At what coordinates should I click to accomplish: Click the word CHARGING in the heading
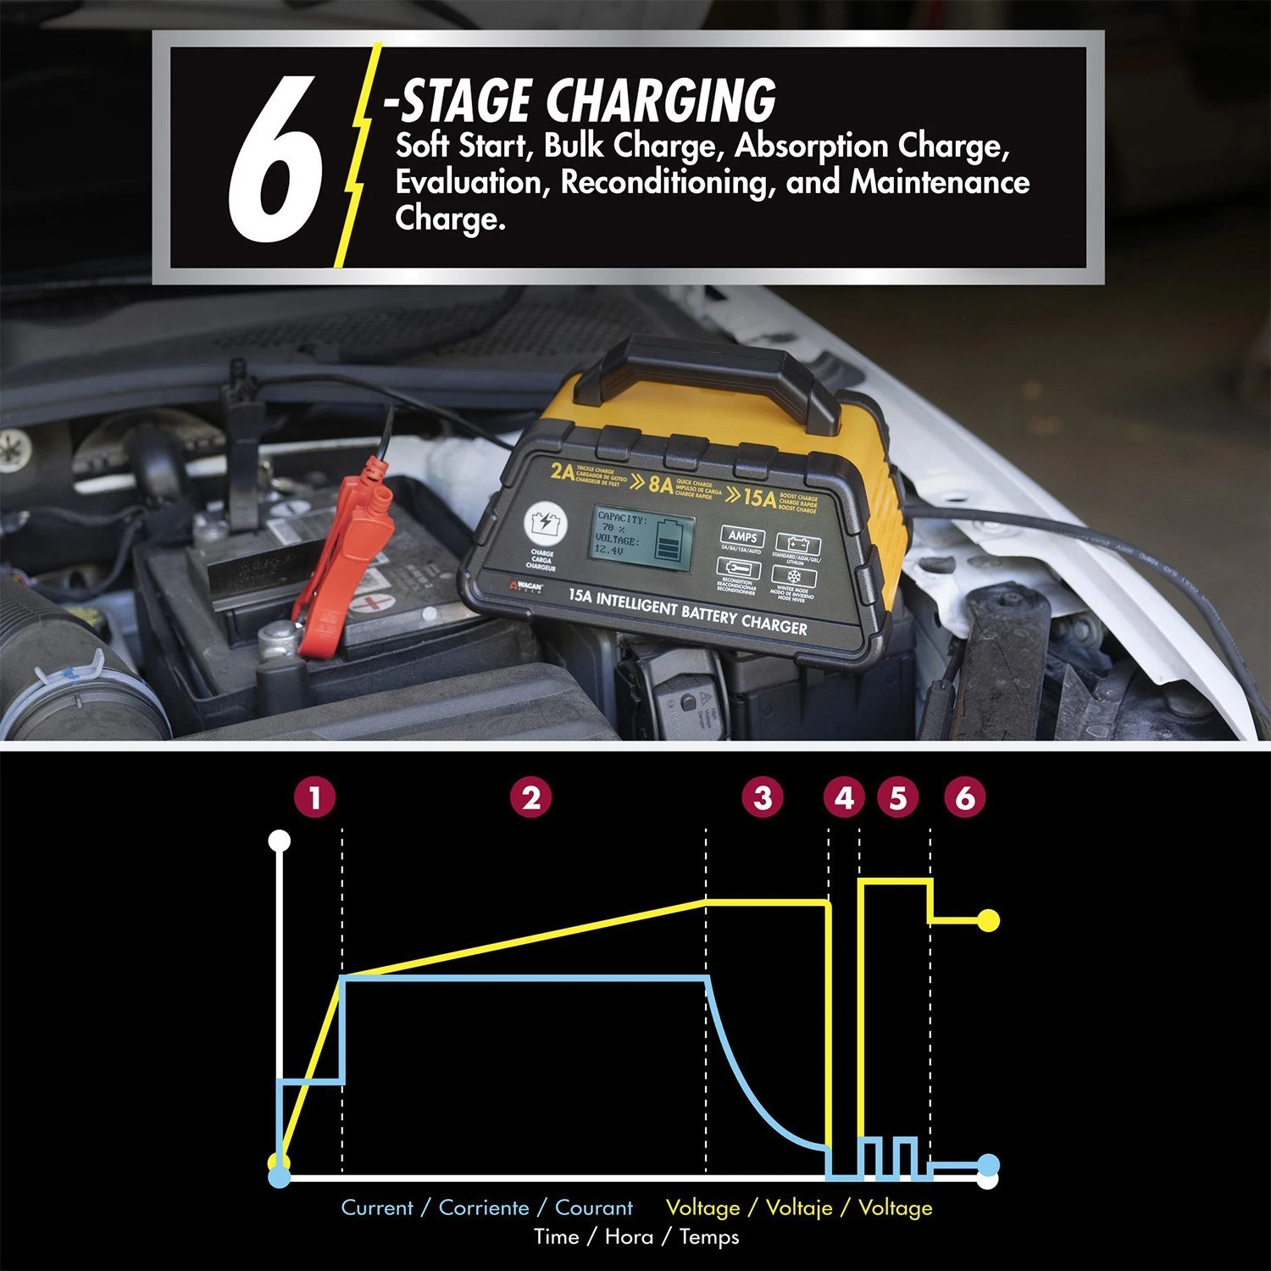click(661, 102)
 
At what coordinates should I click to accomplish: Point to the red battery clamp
click(339, 559)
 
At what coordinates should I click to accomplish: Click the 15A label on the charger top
click(759, 497)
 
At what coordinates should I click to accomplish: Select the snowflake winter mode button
click(794, 577)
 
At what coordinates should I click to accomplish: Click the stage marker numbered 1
click(315, 797)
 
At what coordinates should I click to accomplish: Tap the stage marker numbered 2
click(531, 797)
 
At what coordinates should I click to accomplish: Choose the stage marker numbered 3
click(763, 797)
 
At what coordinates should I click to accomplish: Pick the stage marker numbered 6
click(965, 797)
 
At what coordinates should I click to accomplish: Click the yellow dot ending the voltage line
click(988, 920)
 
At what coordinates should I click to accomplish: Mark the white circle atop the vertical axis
click(280, 841)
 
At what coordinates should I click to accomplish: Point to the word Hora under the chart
click(629, 1236)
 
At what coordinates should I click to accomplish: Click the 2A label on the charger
click(562, 471)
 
